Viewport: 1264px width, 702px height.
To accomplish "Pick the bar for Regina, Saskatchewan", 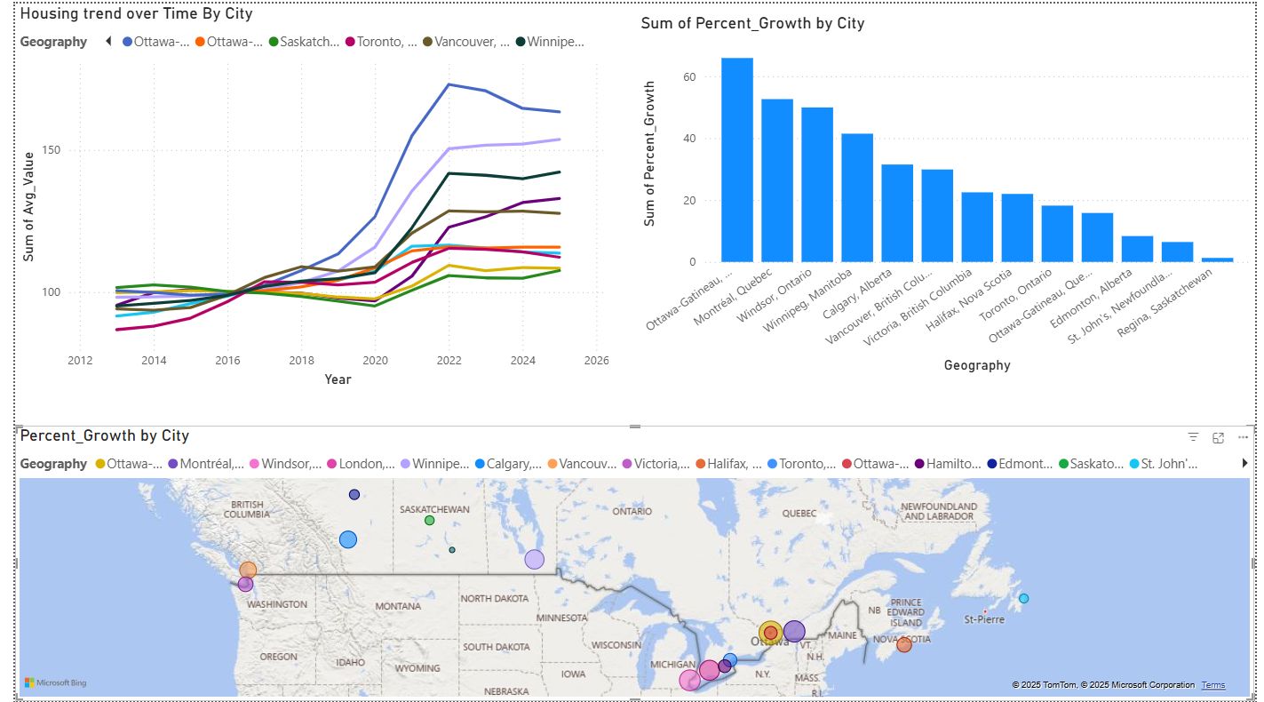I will (1217, 259).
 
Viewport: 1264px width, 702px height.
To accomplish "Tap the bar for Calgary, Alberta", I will (896, 213).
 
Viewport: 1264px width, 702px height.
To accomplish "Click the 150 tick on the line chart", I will (52, 150).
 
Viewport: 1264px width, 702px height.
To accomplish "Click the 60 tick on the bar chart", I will (688, 77).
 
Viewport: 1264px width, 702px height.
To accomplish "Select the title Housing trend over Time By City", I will (136, 14).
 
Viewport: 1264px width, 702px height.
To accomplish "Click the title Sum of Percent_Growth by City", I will (752, 23).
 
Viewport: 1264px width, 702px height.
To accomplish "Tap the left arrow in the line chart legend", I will (107, 41).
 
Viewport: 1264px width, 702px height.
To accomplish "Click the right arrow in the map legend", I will (1244, 464).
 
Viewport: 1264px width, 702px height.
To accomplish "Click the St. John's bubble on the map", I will (1023, 598).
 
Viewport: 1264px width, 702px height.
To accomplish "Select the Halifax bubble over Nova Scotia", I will (903, 644).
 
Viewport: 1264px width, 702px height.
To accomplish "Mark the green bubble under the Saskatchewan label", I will (429, 520).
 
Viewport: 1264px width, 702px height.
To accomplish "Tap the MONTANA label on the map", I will (397, 606).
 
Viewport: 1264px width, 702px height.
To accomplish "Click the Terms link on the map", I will (1212, 685).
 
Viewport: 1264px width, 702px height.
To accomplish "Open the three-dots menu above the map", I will (1242, 437).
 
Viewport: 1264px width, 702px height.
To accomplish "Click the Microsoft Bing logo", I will (55, 682).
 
